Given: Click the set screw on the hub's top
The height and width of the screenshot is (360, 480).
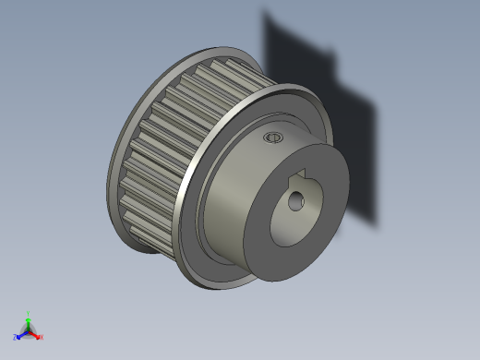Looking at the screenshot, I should [271, 138].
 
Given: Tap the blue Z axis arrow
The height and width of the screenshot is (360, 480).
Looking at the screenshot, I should [20, 335].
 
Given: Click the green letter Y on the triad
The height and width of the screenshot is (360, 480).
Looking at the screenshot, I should [29, 312].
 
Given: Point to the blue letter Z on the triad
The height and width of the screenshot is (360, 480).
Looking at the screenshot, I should [15, 338].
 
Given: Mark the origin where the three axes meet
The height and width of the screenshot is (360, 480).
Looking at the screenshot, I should [28, 330].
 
